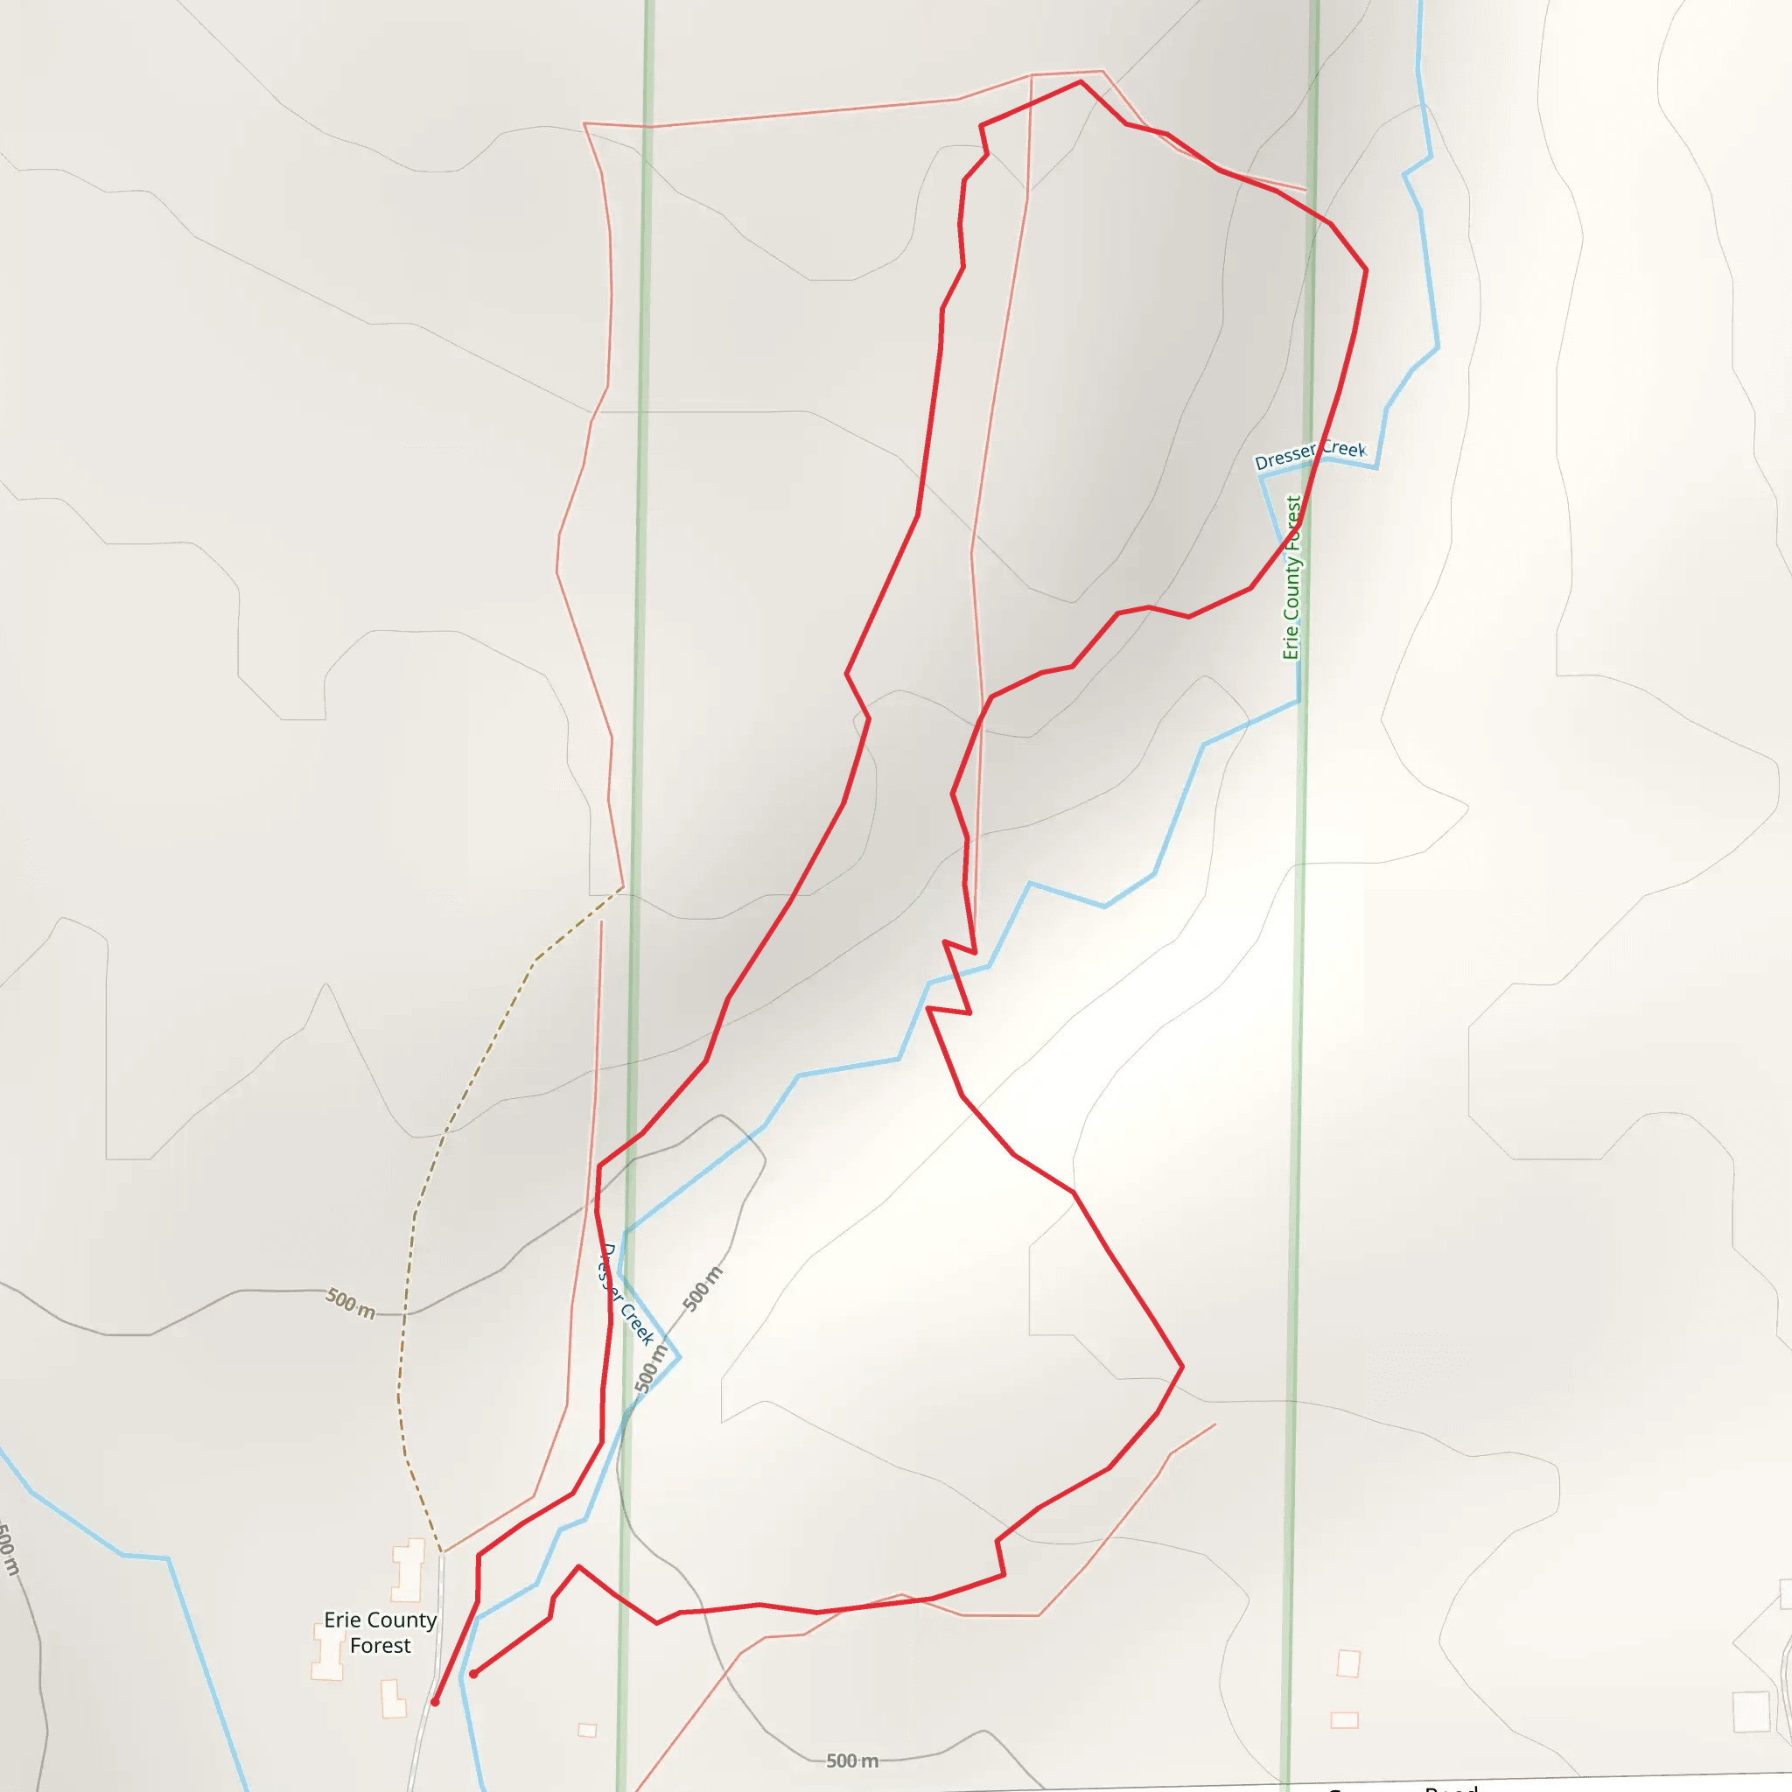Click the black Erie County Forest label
coord(381,1633)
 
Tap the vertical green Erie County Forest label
coord(1292,577)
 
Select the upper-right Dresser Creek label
coord(1310,454)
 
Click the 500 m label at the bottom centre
coord(851,1760)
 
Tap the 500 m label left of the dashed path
coord(351,1303)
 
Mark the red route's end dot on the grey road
coord(435,1702)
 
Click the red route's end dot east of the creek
coord(473,1674)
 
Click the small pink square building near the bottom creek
coord(587,1730)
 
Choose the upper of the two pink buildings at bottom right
coord(1348,1663)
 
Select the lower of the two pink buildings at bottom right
coord(1344,1720)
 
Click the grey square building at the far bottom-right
coord(1751,1711)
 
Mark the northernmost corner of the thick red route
coord(1081,81)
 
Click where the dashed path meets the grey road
coord(444,1551)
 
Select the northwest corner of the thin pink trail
coord(584,123)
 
